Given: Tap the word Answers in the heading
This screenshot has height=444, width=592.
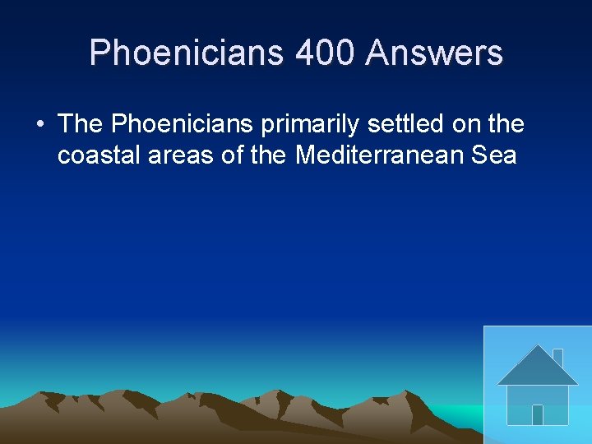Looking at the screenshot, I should (x=435, y=53).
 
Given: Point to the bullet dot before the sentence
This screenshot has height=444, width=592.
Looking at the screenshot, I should (x=39, y=126).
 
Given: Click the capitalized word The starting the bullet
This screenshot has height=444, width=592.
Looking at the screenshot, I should (x=81, y=124).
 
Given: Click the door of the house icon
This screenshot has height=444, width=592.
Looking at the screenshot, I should (x=538, y=414).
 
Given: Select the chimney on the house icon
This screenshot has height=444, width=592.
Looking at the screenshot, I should (x=557, y=357).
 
